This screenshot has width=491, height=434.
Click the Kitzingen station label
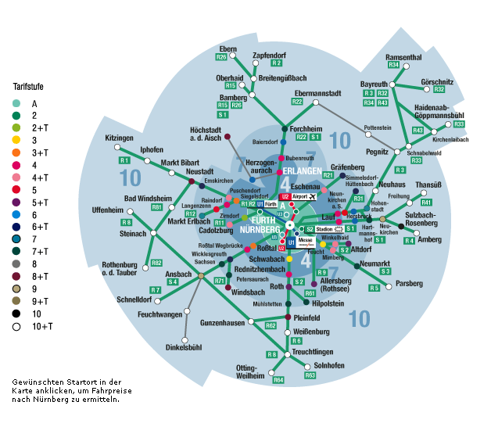coord(119,138)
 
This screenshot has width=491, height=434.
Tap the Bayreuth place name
coord(374,84)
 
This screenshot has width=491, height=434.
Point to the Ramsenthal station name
coord(403,57)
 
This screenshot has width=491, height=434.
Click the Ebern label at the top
coord(228,48)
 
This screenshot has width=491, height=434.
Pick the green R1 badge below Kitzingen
coord(124,160)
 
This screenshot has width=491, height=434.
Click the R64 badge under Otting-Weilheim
coord(278,380)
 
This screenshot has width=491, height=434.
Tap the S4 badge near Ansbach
coord(172,282)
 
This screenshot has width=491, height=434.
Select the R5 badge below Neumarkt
coord(375,288)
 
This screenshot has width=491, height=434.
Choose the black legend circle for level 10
coord(16,313)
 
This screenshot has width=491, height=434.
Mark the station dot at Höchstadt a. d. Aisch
coord(228,137)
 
